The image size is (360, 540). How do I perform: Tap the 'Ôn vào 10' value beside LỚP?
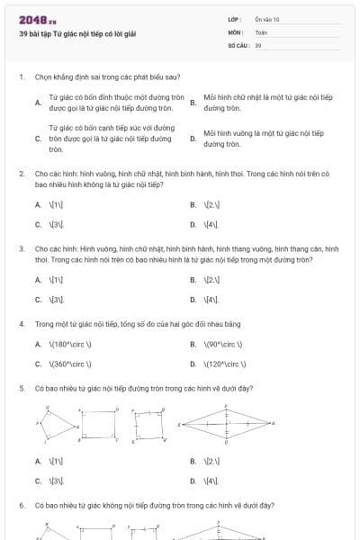coord(267,19)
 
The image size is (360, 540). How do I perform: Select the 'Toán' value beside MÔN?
coord(261,31)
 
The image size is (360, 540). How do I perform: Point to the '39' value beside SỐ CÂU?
coord(258,44)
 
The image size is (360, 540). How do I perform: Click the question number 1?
coord(21,77)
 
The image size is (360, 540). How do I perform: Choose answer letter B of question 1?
coord(193,103)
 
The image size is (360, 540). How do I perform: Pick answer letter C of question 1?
coord(38,139)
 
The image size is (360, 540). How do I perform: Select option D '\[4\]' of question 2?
coord(211,223)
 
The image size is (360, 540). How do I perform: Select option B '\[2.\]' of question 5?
coord(211,462)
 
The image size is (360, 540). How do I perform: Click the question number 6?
coord(21,507)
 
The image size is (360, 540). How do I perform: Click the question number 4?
coord(21,322)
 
